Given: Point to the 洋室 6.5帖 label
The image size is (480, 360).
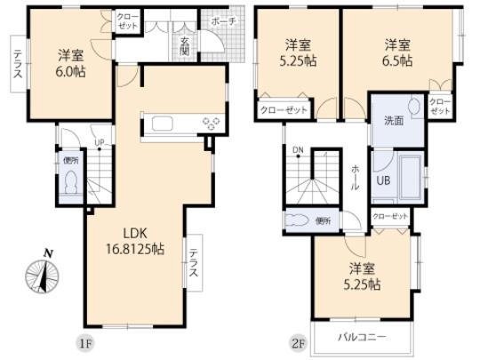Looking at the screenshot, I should [397, 52].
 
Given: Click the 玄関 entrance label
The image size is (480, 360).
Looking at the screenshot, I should [183, 48].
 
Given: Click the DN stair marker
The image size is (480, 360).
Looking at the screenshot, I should [299, 151].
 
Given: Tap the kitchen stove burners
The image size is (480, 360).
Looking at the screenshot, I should [211, 123].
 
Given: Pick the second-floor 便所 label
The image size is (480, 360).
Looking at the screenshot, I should [322, 220].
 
